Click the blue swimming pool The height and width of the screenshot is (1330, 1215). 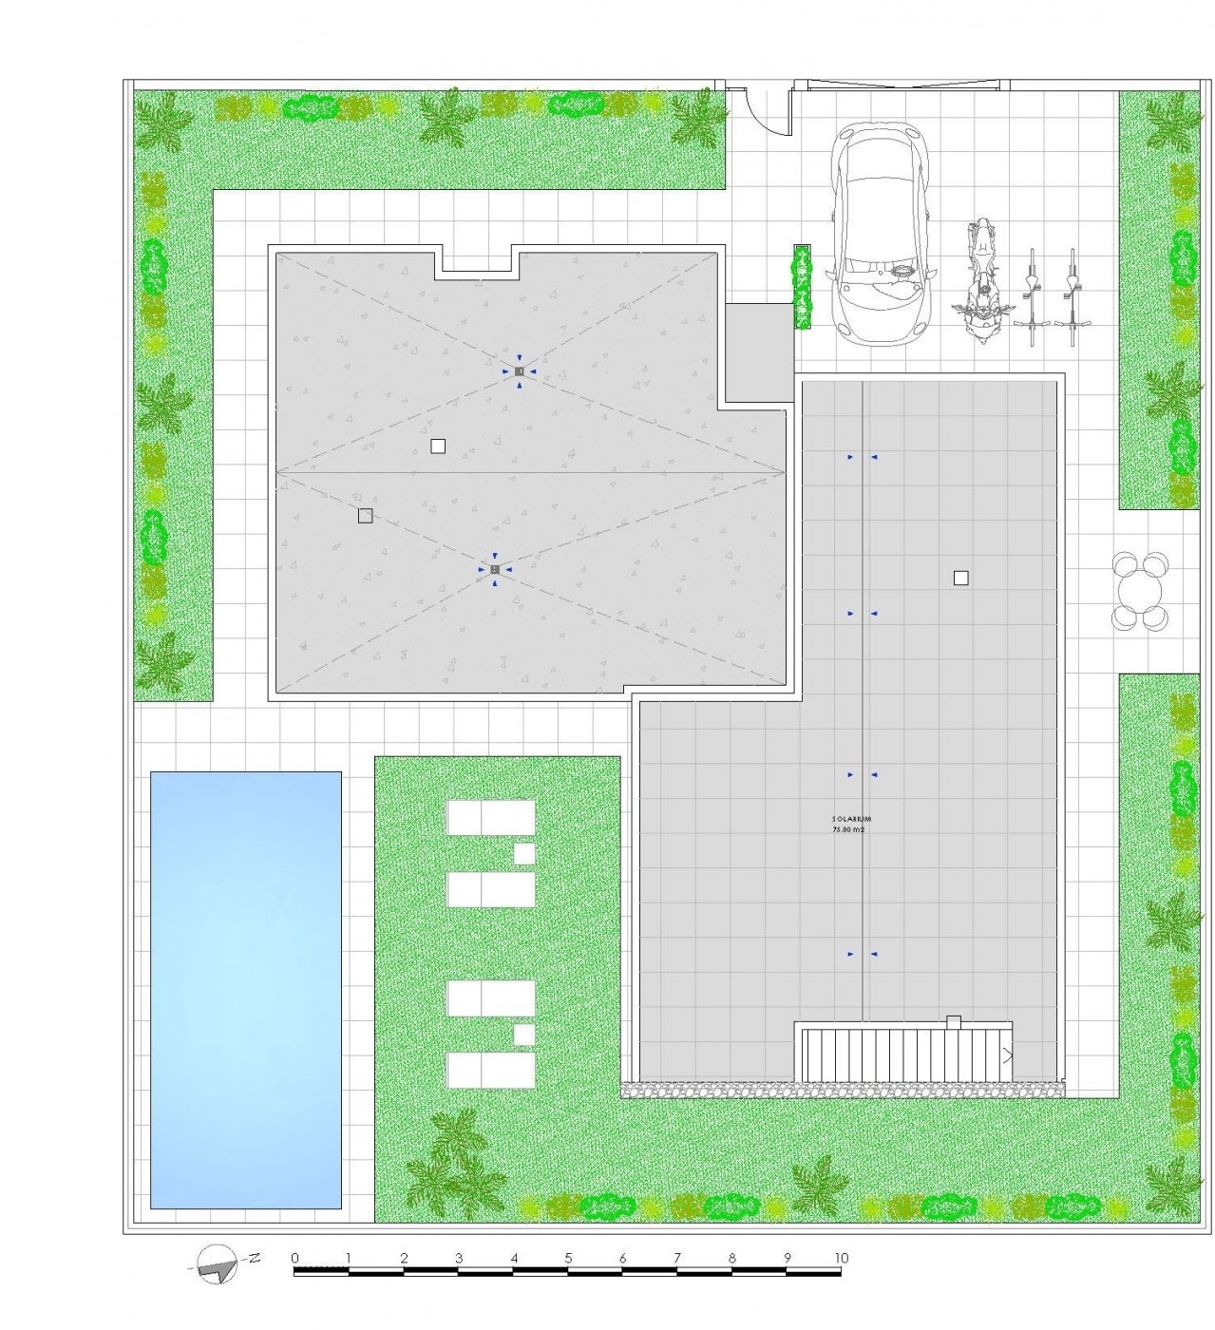coord(246,989)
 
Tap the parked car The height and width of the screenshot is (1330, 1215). coord(879,234)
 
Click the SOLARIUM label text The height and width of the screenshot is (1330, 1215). coord(851,818)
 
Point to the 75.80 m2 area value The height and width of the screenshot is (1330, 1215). coord(848,829)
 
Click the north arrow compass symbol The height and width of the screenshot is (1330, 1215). coord(219,1263)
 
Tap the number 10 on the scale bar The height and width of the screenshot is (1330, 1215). coord(841,1259)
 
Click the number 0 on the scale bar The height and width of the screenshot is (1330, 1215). coord(294,1259)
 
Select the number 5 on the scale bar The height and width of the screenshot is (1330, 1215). coord(568,1259)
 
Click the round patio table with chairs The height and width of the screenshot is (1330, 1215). coord(1140,592)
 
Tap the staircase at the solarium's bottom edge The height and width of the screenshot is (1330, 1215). coord(902,1053)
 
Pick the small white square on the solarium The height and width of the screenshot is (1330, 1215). coord(960,578)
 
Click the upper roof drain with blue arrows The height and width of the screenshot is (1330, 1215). coord(519,370)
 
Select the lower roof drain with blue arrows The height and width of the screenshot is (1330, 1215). coord(494,569)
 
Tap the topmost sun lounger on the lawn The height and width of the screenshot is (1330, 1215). coord(491,817)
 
